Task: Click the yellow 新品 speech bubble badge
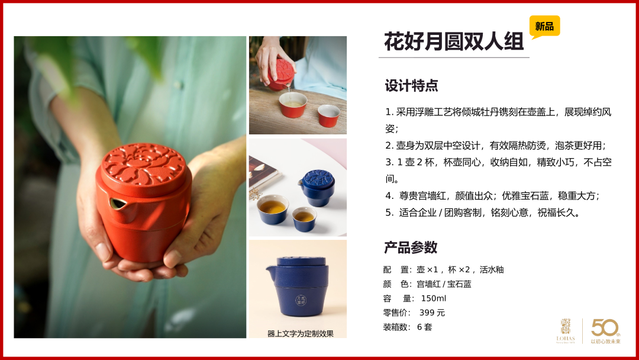coord(544,27)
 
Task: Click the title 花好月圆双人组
coord(454,41)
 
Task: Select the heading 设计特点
coord(411,86)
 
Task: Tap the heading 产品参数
coord(411,247)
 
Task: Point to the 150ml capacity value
coord(433,298)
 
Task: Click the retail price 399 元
coord(432,313)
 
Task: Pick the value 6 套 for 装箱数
coord(424,327)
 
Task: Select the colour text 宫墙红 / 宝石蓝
coord(444,284)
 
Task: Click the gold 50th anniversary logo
coord(606,331)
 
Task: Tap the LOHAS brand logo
coord(566,331)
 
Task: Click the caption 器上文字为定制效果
coord(301,333)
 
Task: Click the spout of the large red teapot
coord(118,202)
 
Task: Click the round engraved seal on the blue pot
coord(301,300)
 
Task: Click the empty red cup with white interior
coord(328,115)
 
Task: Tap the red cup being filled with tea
coord(293,105)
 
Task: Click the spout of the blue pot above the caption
coord(271,270)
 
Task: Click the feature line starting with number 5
coord(483,213)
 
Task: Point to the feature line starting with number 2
coord(496,146)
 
